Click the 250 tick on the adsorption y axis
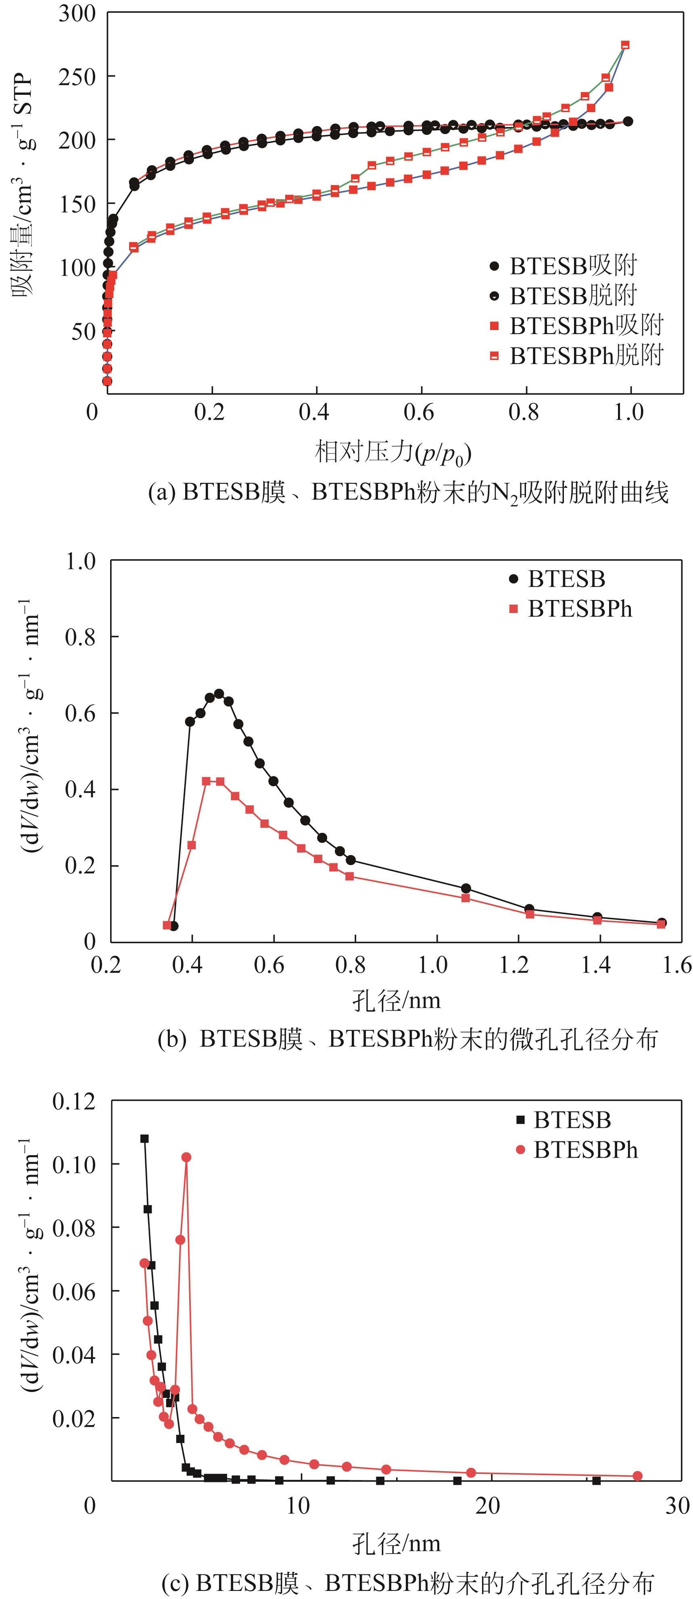pyautogui.click(x=77, y=77)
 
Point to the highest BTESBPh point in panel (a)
pyautogui.click(x=625, y=45)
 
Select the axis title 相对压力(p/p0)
pyautogui.click(x=393, y=453)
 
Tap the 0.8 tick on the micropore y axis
pyautogui.click(x=81, y=637)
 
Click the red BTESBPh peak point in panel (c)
pyautogui.click(x=186, y=1157)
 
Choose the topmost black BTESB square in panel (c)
pyautogui.click(x=144, y=1138)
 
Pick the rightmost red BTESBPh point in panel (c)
pyautogui.click(x=637, y=1476)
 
